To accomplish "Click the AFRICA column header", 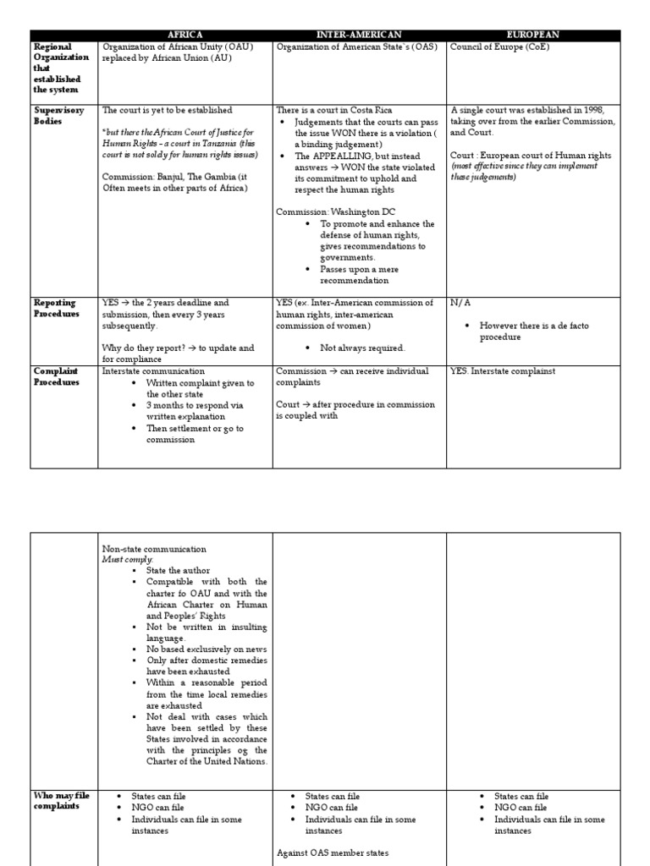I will tap(185, 35).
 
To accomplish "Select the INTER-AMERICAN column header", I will tap(359, 35).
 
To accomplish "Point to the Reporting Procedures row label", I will tap(55, 308).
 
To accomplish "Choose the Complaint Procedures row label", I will tap(56, 376).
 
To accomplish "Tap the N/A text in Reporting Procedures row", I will tap(460, 302).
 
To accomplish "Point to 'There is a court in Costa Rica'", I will tap(334, 110).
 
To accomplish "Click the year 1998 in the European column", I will tap(599, 110).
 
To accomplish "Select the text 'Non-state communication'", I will tap(152, 547).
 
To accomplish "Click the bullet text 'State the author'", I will tap(178, 571).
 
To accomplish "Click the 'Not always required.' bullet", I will tap(350, 348).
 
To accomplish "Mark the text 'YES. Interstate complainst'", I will tap(504, 370).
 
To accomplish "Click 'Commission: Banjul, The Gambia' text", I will tap(169, 177).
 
